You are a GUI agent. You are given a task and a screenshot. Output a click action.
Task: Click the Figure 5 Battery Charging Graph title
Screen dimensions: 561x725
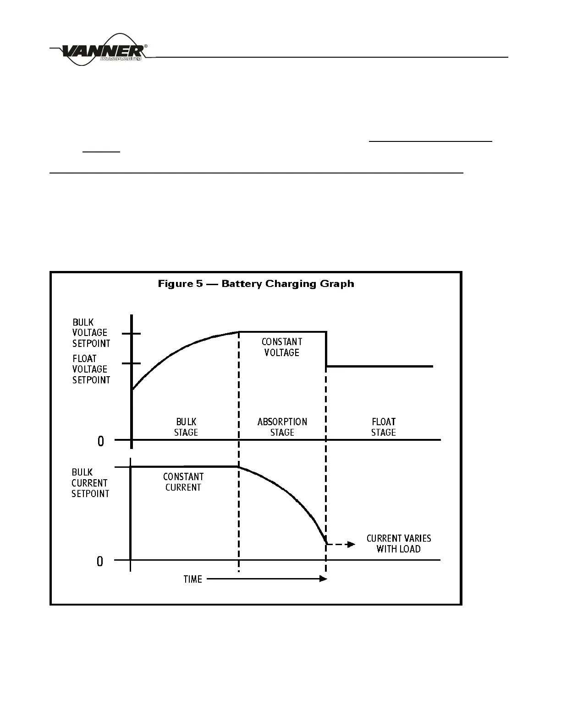(x=256, y=284)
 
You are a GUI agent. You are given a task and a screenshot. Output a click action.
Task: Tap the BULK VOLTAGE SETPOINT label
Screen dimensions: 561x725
(x=91, y=333)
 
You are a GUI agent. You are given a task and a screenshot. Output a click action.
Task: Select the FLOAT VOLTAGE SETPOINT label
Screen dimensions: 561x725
(x=91, y=369)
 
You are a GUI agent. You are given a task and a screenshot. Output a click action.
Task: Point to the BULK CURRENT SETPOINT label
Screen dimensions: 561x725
(x=90, y=483)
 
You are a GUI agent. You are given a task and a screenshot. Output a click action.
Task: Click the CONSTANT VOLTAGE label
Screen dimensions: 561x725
(x=282, y=347)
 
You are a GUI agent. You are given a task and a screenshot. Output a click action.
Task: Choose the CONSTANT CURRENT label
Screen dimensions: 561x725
(x=183, y=482)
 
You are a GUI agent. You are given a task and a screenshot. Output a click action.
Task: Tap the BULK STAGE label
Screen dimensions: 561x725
(x=186, y=427)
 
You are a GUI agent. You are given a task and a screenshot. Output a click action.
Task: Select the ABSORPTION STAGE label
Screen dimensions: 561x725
(x=282, y=427)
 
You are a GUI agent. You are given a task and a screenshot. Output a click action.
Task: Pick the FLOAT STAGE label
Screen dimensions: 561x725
(x=384, y=427)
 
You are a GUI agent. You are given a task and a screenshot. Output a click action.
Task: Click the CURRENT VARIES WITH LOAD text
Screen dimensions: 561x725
(x=398, y=543)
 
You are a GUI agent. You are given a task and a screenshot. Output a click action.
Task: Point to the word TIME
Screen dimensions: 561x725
(x=192, y=579)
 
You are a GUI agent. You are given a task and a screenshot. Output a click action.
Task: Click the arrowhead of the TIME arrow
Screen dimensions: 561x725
(x=324, y=579)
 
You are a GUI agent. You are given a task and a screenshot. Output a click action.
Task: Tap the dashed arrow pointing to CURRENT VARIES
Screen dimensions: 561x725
(x=342, y=544)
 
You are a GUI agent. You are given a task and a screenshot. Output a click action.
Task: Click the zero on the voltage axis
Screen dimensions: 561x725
(x=101, y=441)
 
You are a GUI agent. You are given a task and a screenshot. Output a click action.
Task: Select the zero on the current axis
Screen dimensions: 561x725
(x=100, y=561)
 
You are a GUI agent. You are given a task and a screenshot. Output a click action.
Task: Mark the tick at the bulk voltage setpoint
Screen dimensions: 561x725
(x=132, y=334)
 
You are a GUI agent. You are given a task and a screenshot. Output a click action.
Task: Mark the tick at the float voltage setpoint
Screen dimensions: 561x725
(x=132, y=364)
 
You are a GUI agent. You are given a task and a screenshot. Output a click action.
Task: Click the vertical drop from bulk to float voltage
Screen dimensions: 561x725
(x=326, y=349)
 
